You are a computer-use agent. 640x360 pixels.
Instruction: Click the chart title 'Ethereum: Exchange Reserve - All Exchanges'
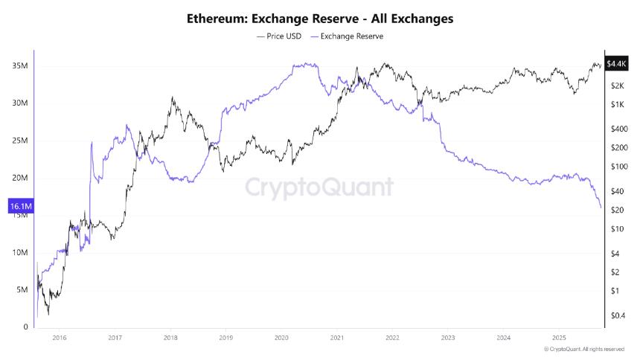point(320,17)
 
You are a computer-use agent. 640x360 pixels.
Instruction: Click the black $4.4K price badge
point(617,65)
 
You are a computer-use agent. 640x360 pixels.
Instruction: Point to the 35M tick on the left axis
point(20,65)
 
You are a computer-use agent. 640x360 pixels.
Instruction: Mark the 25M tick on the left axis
point(20,141)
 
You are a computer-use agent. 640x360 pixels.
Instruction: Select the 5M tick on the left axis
point(22,290)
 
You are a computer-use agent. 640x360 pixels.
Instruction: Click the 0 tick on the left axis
point(25,327)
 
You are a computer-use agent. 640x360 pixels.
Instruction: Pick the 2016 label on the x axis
point(60,338)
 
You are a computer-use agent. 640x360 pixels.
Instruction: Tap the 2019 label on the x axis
point(225,338)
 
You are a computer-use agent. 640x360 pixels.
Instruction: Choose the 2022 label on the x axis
point(391,338)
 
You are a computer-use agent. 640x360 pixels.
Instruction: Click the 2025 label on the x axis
point(557,338)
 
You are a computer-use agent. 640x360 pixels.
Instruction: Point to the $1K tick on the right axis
point(615,105)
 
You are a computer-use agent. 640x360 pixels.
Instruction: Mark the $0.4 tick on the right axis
point(617,315)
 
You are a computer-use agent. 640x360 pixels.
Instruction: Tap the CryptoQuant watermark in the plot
point(319,187)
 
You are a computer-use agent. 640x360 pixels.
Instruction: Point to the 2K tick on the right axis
point(615,86)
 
